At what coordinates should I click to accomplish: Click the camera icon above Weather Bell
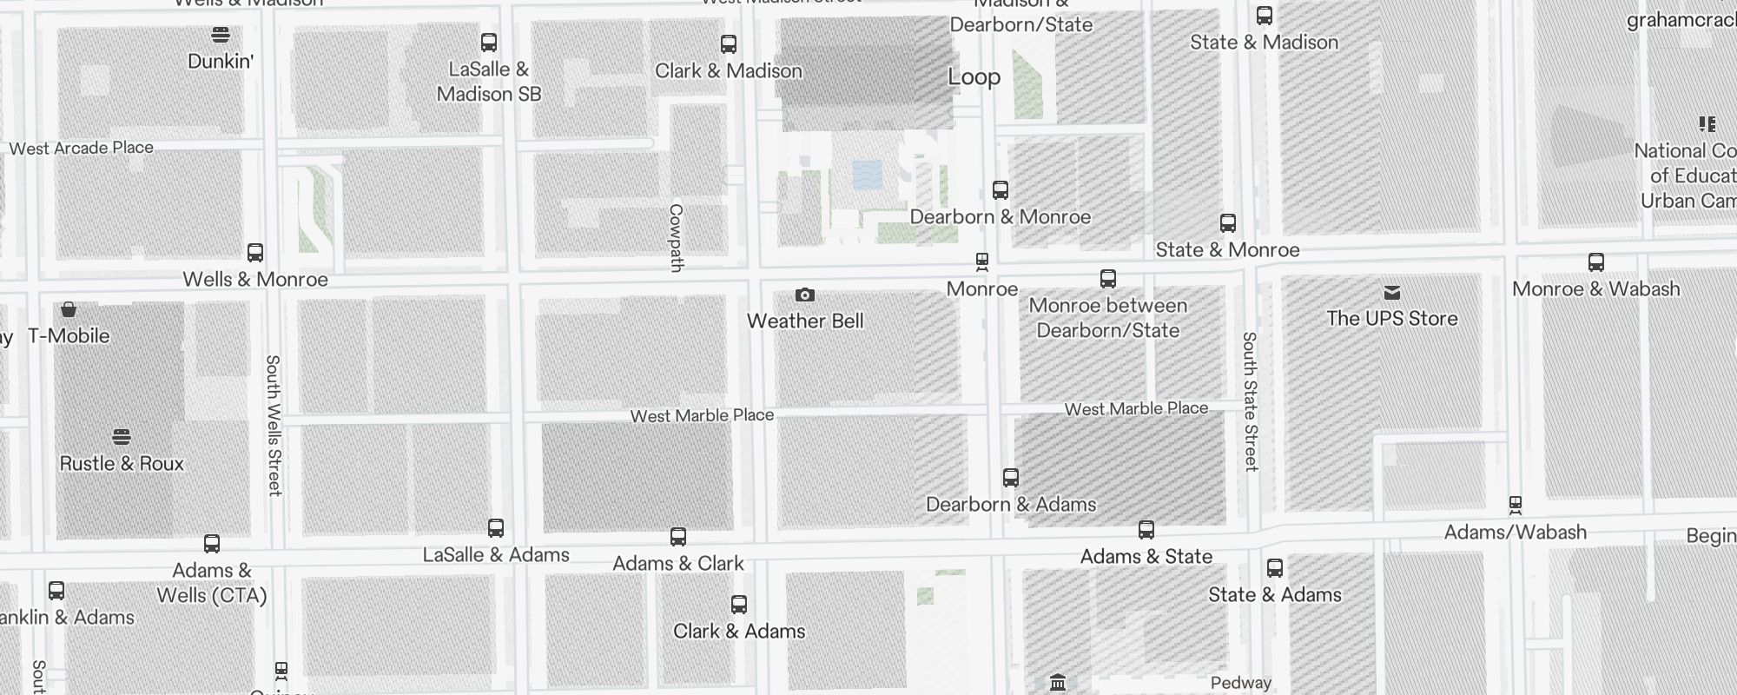[805, 295]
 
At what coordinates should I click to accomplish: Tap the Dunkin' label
[221, 61]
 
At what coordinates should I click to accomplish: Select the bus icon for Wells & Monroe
[255, 253]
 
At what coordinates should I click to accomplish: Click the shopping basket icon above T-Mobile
[69, 309]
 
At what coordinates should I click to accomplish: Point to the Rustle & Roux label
[122, 463]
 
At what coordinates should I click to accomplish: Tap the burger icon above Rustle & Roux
[122, 436]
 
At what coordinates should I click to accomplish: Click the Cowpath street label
[677, 237]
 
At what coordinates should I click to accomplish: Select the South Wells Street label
[274, 425]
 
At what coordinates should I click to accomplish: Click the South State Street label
[1250, 400]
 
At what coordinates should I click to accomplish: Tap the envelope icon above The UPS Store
[1392, 292]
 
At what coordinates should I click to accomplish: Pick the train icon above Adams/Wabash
[1516, 505]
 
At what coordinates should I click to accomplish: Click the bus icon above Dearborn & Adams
[1011, 478]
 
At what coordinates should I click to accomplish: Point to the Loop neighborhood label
[974, 76]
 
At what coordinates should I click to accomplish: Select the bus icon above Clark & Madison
[729, 44]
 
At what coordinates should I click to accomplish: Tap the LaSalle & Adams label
[496, 554]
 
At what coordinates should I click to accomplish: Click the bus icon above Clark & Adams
[739, 605]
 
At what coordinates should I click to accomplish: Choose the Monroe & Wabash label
[1595, 288]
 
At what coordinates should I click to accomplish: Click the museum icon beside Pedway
[1058, 683]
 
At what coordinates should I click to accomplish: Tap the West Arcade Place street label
[82, 148]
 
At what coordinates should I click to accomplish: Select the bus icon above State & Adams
[1275, 568]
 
